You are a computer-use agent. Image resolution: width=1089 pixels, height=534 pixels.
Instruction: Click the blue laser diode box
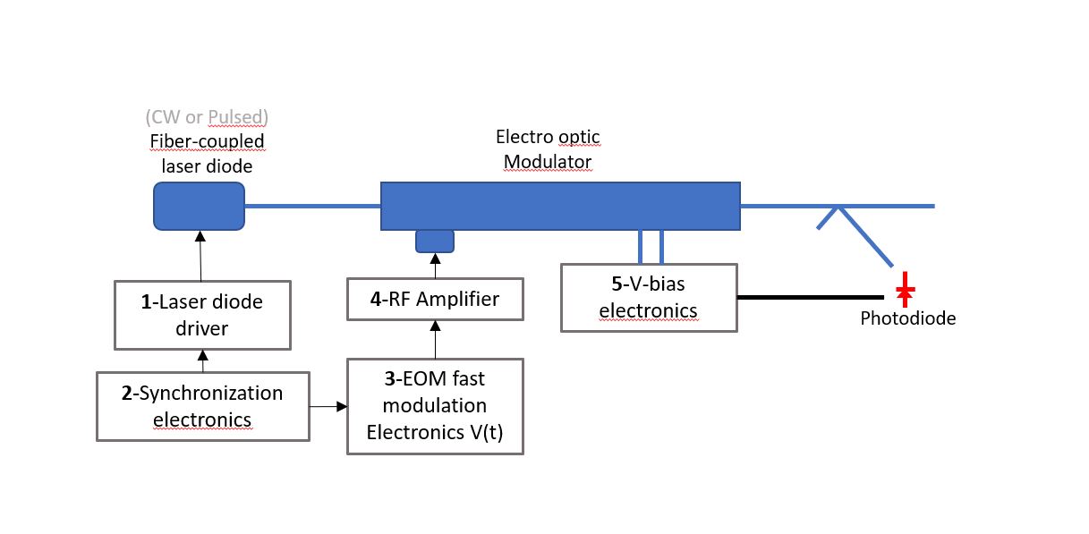199,206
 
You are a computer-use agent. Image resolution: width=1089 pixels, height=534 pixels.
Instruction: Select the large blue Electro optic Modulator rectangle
560,206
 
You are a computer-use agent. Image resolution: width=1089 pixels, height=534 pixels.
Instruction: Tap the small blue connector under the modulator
435,241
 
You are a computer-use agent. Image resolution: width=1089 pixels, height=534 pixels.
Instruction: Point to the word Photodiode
907,318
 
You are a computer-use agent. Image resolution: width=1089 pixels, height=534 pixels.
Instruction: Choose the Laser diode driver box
203,315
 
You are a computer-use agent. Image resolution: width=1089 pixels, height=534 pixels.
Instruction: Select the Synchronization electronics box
202,406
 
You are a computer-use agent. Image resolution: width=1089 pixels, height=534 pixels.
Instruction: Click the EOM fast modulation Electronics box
435,406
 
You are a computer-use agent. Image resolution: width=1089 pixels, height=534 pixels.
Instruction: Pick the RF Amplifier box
435,299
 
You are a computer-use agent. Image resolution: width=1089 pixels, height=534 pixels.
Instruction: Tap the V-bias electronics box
649,298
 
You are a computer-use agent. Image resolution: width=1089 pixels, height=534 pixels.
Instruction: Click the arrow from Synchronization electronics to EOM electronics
328,407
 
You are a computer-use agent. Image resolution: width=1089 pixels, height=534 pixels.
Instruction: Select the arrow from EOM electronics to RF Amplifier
435,339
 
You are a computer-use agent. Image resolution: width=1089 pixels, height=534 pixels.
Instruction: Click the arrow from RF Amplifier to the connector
435,266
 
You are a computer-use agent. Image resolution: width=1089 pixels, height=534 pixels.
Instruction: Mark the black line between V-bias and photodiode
810,297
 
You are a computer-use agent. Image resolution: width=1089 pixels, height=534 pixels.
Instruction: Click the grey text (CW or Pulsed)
207,117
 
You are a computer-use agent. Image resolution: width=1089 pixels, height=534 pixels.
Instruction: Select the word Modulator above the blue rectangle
547,161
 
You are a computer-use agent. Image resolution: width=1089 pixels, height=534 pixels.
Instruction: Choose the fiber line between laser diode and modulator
312,206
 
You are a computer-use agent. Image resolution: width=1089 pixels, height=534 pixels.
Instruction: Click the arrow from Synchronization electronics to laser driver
202,360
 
